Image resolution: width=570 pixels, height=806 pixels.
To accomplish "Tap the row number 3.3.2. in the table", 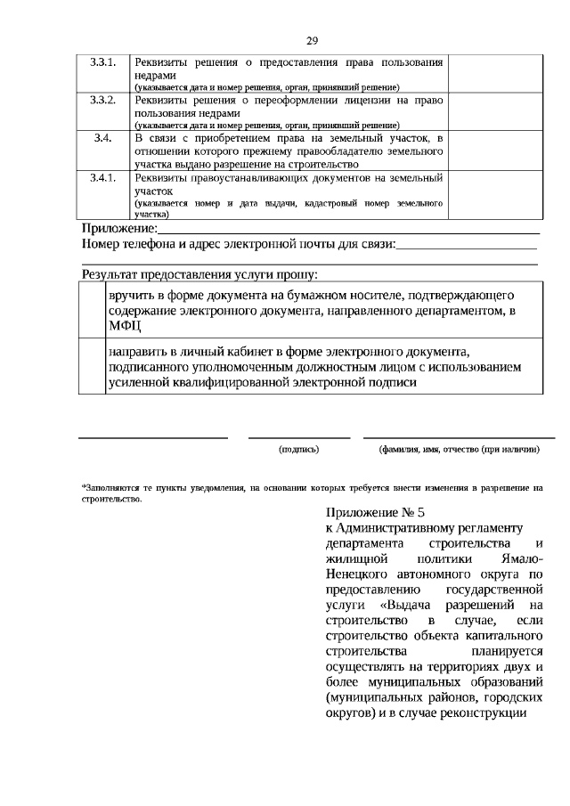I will [x=103, y=99].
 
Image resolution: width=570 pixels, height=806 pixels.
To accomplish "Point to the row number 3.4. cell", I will [x=103, y=138].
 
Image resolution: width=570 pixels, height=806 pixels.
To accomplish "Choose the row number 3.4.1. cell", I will [x=103, y=177].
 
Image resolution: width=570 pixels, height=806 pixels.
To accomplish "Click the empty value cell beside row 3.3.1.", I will [x=494, y=73].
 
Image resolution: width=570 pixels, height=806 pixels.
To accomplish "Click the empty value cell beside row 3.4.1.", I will [x=494, y=195].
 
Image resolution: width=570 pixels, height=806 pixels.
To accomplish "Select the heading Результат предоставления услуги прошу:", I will [x=199, y=275].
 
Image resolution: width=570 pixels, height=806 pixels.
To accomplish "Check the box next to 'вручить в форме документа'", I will [x=93, y=311].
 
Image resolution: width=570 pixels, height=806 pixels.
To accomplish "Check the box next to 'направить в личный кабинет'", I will [x=93, y=365].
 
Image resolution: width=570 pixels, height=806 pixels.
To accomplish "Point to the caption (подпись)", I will [x=299, y=451].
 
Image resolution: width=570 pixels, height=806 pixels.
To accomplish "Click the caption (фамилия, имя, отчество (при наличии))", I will [x=459, y=451].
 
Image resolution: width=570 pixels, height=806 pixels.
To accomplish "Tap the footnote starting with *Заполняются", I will [x=311, y=493].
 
